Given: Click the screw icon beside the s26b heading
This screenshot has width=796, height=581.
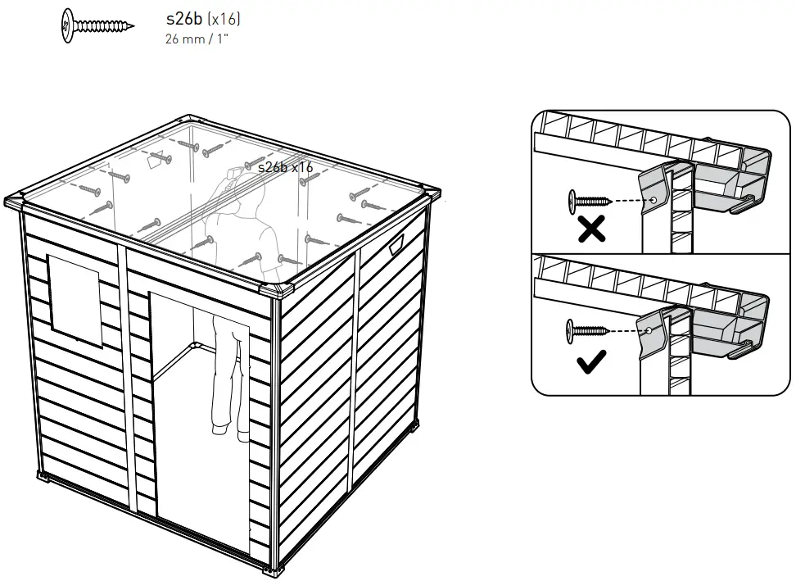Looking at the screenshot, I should [x=97, y=25].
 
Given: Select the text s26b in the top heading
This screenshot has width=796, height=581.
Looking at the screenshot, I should [x=183, y=19].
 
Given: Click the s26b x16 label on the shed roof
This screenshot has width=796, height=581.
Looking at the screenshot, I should [x=286, y=167].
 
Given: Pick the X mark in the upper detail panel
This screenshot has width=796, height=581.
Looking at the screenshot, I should [x=590, y=230].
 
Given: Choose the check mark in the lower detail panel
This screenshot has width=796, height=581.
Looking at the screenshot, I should [x=591, y=361].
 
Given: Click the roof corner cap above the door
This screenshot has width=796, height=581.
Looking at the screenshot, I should [x=278, y=289].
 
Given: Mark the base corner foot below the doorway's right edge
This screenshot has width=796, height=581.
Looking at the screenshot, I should [x=281, y=566].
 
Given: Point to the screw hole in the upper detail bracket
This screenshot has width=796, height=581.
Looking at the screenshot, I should [x=654, y=200].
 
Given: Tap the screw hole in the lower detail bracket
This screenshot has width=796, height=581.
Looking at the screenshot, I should [x=648, y=330].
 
